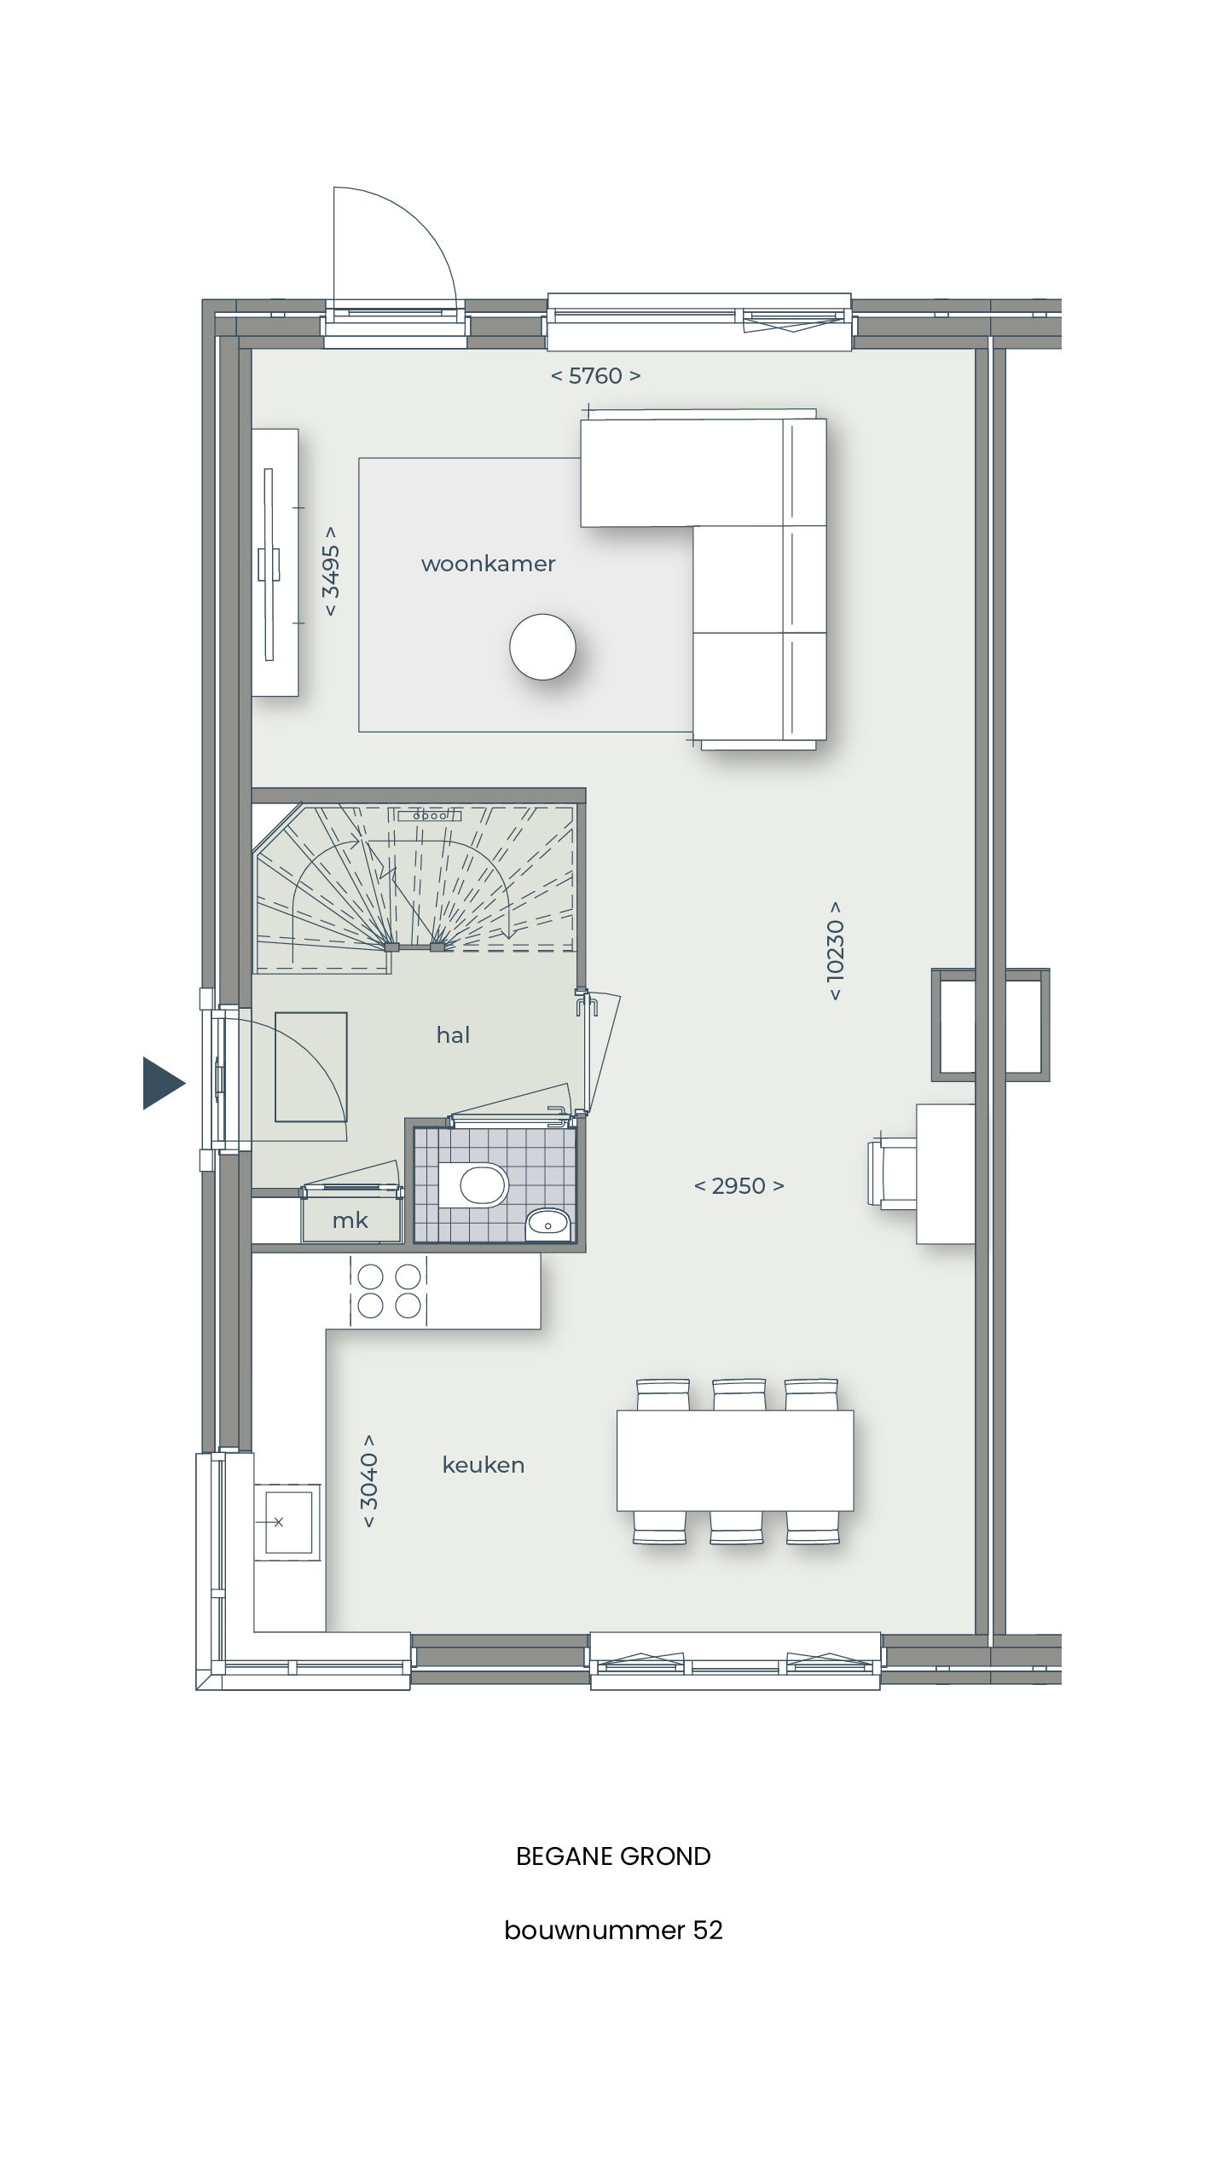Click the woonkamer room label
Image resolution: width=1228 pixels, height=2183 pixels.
[x=488, y=564]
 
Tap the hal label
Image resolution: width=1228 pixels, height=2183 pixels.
[x=453, y=1035]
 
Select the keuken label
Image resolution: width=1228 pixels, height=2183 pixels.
[x=483, y=1465]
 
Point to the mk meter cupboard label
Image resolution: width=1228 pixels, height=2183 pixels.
[x=350, y=1220]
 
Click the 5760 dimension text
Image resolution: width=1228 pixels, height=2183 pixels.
[x=595, y=375]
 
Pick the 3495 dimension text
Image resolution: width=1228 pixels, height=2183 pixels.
[x=331, y=570]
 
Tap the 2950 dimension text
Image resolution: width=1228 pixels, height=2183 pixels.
[x=739, y=1185]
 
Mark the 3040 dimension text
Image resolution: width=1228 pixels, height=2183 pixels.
[x=368, y=1480]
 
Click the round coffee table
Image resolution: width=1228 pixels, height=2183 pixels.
[x=542, y=646]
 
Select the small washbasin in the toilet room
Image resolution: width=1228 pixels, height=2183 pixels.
[x=546, y=1225]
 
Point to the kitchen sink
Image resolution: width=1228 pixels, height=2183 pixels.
[x=287, y=1520]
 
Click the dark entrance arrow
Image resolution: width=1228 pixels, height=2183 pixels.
[x=161, y=1083]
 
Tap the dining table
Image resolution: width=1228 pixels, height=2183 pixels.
[x=735, y=1460]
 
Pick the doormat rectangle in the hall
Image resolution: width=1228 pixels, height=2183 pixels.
[x=310, y=1066]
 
